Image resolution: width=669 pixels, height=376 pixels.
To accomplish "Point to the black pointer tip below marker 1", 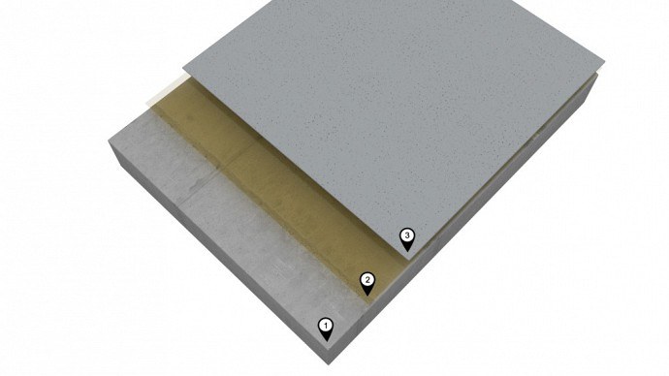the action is (x=327, y=341).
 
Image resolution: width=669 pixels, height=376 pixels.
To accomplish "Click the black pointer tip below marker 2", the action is (x=367, y=296).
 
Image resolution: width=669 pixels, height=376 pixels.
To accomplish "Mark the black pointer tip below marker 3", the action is (x=407, y=251).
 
